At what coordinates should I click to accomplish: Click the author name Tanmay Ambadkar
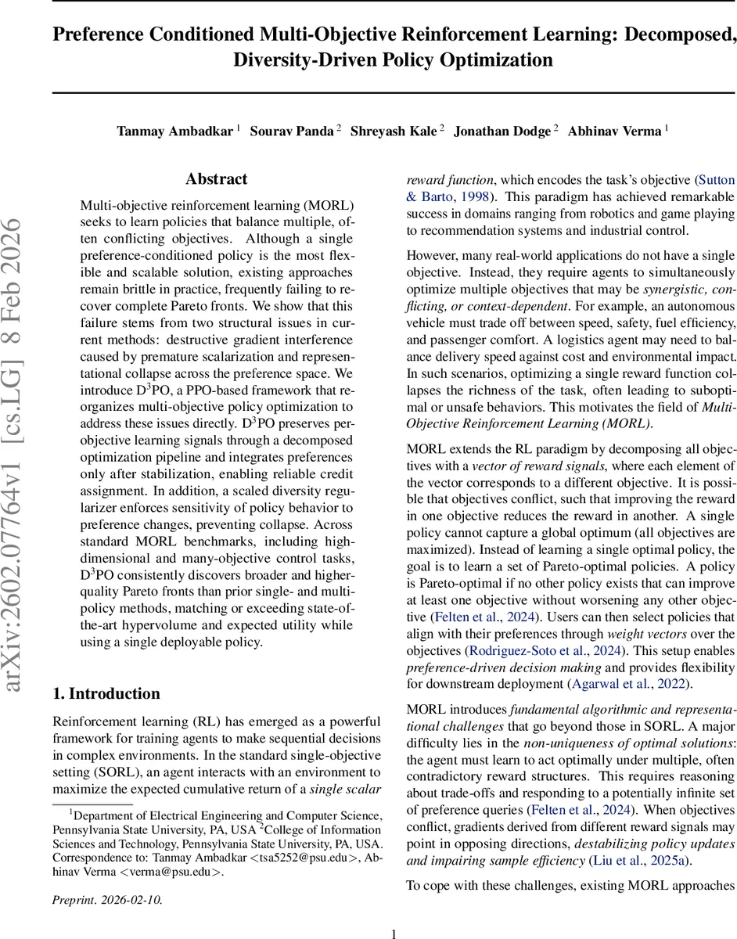(175, 131)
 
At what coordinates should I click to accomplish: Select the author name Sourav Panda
(292, 131)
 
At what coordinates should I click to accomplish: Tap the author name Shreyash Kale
(394, 131)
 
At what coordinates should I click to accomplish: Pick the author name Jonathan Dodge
(502, 131)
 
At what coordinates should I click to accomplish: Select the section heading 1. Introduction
(106, 693)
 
